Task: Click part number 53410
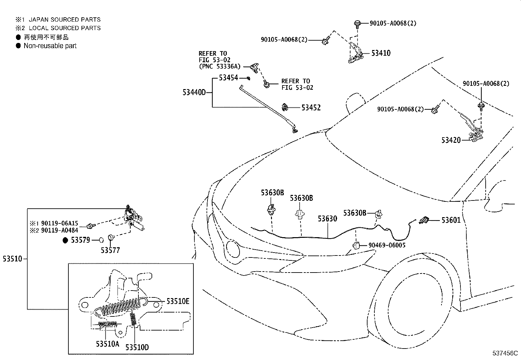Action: click(381, 53)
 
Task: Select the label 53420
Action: click(451, 140)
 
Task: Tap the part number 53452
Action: click(311, 108)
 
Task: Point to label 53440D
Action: click(194, 93)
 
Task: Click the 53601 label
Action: click(451, 220)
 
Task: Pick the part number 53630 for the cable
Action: click(327, 218)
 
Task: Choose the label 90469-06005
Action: click(387, 245)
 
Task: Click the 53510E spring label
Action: click(178, 301)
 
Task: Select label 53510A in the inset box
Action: click(107, 344)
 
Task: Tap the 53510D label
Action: click(137, 347)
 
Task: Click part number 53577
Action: click(110, 250)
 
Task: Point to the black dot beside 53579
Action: click(65, 240)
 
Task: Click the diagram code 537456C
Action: click(505, 353)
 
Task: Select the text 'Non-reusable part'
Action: click(50, 46)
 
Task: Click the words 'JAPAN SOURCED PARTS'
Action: click(64, 20)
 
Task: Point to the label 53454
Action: click(228, 78)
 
